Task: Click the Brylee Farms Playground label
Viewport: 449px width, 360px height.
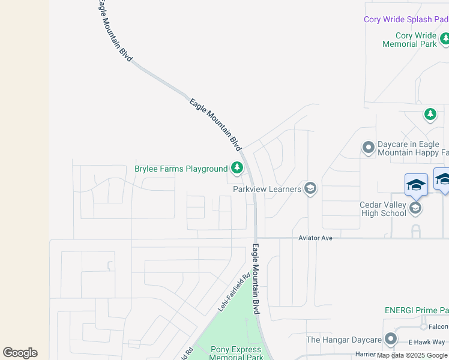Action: (x=181, y=169)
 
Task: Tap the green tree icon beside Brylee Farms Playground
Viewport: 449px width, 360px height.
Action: (x=237, y=168)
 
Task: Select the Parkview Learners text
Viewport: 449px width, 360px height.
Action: (x=267, y=190)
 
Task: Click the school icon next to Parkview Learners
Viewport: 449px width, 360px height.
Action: (x=310, y=189)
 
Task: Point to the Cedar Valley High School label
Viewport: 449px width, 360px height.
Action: (x=383, y=209)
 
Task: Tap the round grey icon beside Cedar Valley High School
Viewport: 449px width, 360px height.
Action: (x=415, y=208)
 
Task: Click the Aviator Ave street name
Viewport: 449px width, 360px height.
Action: (x=316, y=238)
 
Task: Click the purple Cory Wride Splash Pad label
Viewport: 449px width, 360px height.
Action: (x=406, y=19)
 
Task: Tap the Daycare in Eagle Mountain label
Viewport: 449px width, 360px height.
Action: (x=412, y=148)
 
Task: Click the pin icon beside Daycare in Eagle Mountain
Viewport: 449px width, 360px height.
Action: (x=369, y=147)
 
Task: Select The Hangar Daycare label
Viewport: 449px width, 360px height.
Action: (x=344, y=340)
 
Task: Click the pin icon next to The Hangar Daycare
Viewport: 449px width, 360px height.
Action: (x=391, y=340)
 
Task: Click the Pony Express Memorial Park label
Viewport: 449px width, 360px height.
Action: (x=236, y=353)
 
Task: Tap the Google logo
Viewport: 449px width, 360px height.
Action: (x=20, y=353)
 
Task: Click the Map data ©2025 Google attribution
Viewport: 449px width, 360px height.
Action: (x=412, y=355)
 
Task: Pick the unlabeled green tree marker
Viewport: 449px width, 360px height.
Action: (x=430, y=114)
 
